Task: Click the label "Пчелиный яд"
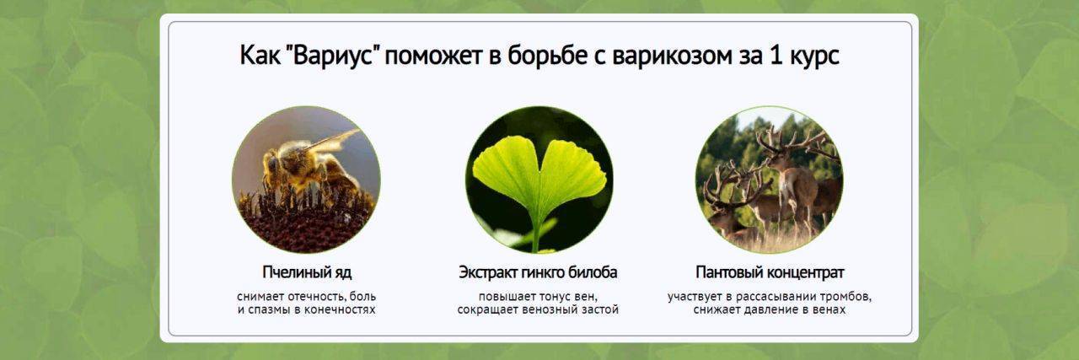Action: click(x=307, y=272)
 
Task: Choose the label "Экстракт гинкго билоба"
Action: click(x=538, y=272)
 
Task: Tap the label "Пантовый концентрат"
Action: click(x=770, y=272)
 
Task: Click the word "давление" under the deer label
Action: click(x=770, y=310)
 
